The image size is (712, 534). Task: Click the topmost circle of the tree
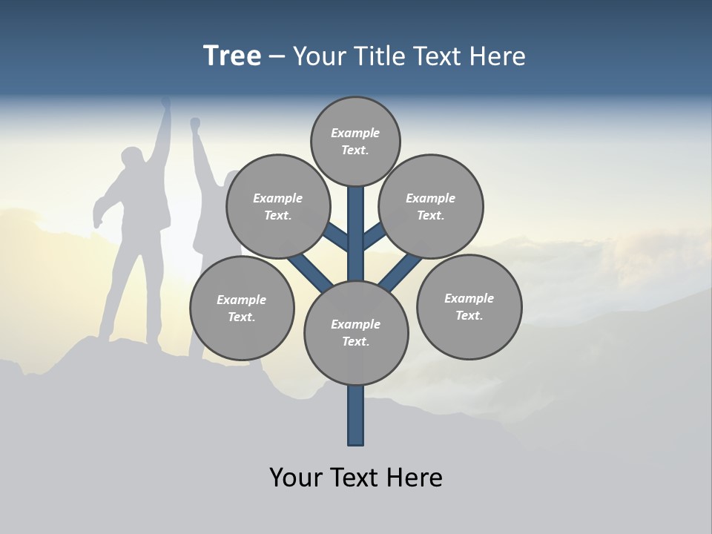(x=355, y=141)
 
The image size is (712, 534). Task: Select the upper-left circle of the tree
(x=277, y=206)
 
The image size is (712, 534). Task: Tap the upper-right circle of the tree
(x=431, y=206)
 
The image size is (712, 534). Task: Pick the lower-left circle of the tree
(x=242, y=308)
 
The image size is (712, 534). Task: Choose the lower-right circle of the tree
(x=469, y=306)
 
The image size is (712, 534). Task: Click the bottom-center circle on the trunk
(x=356, y=333)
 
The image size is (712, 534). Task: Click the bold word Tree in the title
(x=232, y=56)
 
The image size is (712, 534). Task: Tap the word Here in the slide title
(x=497, y=56)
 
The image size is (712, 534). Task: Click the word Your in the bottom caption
(x=297, y=477)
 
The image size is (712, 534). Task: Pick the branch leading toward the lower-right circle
(x=402, y=271)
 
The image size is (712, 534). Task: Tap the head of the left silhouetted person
(x=133, y=159)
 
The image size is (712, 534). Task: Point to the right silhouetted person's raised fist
(x=195, y=123)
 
